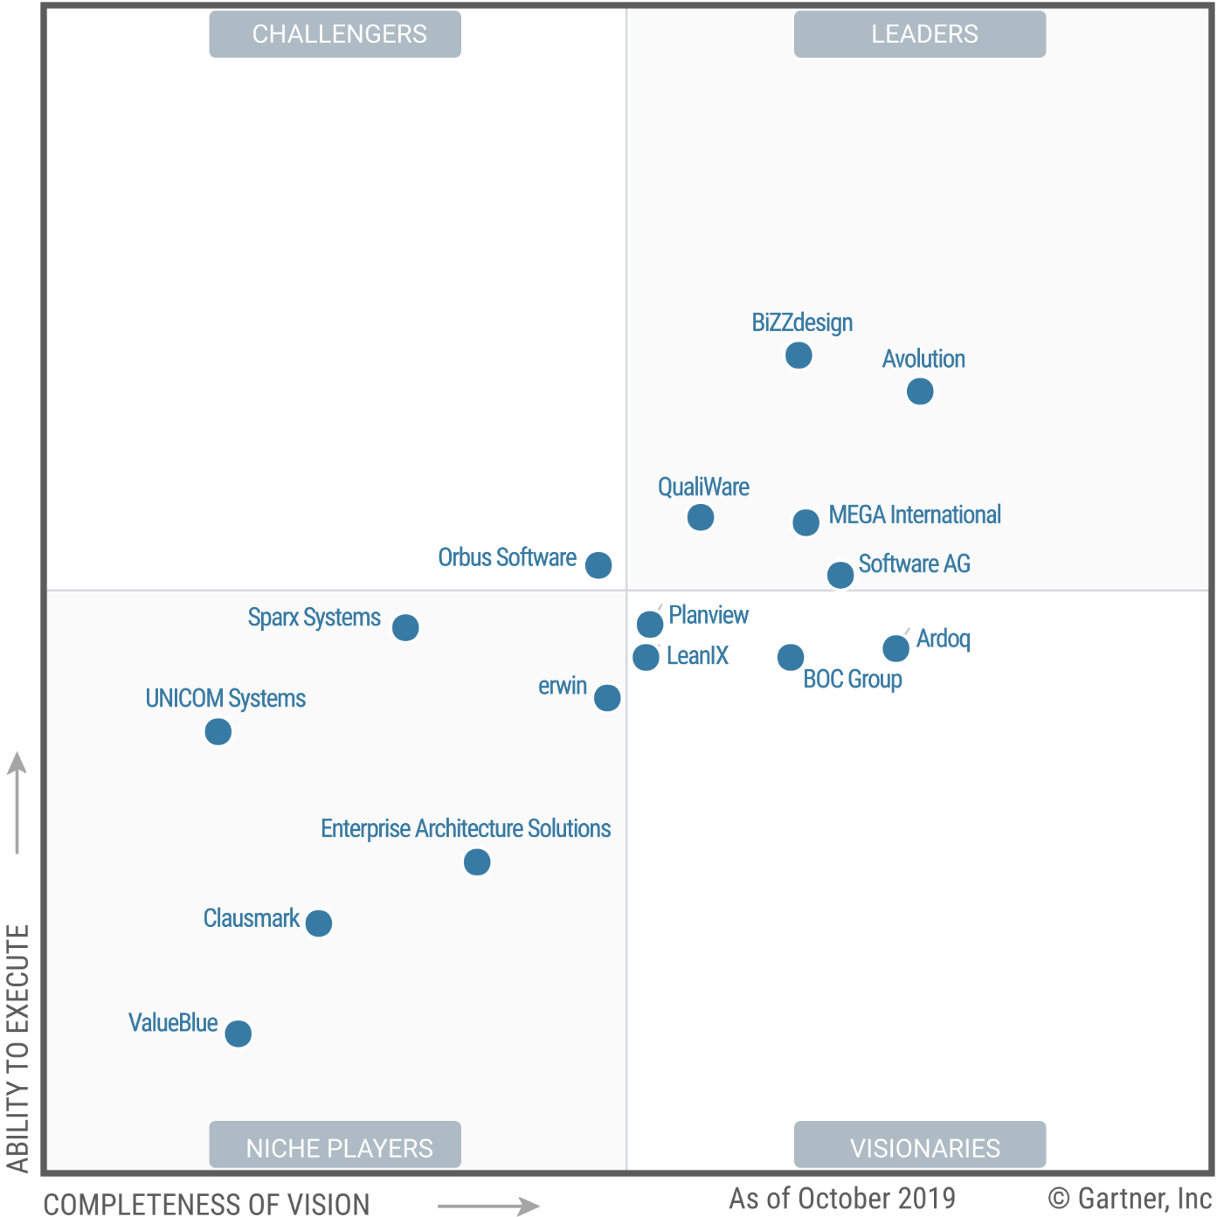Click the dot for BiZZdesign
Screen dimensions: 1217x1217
coord(799,356)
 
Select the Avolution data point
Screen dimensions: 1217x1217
coord(920,391)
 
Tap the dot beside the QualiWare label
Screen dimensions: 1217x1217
coord(701,517)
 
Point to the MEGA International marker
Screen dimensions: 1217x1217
coord(806,522)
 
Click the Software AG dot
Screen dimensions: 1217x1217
coord(840,575)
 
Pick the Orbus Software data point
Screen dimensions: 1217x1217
coord(598,565)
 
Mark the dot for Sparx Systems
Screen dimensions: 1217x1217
coord(405,627)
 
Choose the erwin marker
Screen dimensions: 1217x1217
coord(607,698)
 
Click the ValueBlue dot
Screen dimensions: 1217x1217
coord(238,1034)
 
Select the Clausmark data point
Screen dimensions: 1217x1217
coord(319,923)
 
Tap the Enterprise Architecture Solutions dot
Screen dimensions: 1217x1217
coord(477,862)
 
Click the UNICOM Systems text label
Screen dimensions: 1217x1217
coord(225,699)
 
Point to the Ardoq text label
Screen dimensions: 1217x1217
coord(944,639)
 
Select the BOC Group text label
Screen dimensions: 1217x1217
coord(853,679)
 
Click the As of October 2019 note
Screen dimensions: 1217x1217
coord(842,1198)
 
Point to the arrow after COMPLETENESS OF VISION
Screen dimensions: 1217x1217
coord(489,1206)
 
